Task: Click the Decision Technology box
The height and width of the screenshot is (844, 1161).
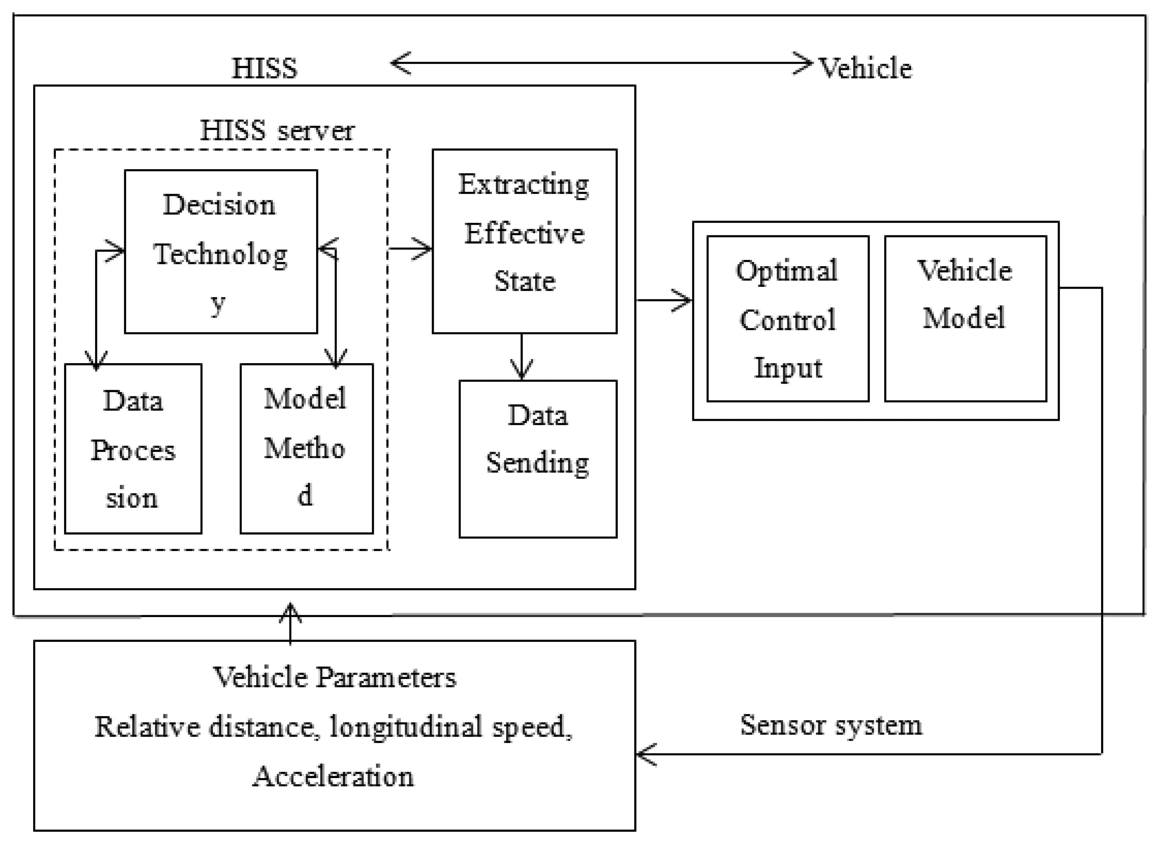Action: click(x=221, y=252)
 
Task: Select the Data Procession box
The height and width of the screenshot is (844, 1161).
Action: click(x=133, y=449)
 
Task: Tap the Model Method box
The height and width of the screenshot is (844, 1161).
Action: click(x=306, y=449)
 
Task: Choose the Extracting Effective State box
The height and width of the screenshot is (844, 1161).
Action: click(x=524, y=241)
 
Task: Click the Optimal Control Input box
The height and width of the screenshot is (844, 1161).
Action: click(x=787, y=319)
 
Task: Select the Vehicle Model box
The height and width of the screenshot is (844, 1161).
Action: click(x=965, y=319)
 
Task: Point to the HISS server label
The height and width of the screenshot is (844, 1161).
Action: click(x=277, y=130)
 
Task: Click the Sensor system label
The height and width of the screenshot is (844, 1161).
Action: click(x=831, y=725)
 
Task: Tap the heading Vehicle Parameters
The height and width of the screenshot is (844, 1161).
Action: click(x=334, y=678)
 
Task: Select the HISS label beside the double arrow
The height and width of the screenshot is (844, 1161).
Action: click(x=264, y=68)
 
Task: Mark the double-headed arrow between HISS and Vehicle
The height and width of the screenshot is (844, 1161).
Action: click(x=602, y=63)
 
